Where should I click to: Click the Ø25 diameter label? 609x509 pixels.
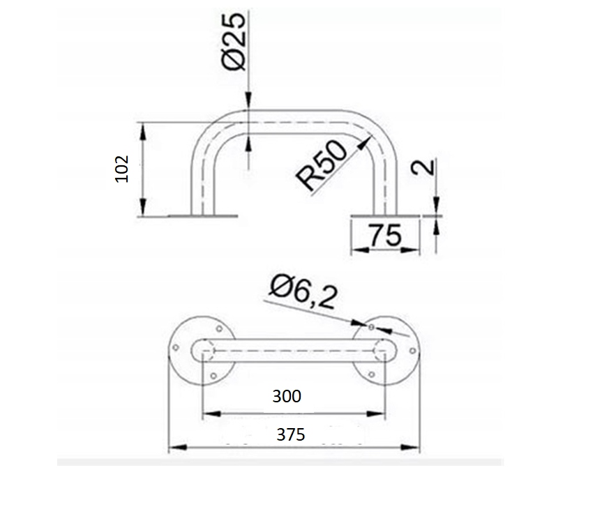click(234, 42)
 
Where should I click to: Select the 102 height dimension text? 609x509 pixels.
click(122, 169)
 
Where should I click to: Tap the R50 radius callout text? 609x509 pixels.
click(321, 166)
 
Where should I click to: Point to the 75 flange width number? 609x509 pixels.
click(385, 235)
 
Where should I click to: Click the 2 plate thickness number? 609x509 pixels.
click(423, 167)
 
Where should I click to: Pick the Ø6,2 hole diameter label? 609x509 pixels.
click(303, 292)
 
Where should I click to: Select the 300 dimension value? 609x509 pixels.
click(287, 397)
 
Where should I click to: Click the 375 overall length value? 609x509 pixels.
click(290, 434)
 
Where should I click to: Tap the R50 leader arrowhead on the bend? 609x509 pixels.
click(363, 142)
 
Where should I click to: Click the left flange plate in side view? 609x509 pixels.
click(202, 215)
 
